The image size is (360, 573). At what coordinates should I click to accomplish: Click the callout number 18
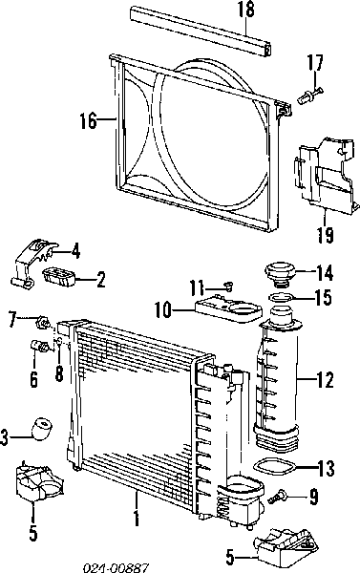coord(246,10)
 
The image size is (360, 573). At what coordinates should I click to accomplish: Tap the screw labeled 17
coord(310,95)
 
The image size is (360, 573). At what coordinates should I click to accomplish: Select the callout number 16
coord(89,120)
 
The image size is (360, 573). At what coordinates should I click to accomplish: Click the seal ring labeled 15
coord(281,297)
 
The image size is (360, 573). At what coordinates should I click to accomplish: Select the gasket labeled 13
coord(274,469)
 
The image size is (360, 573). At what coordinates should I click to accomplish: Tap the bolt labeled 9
coord(277,497)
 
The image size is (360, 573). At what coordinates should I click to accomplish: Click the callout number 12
coord(326,380)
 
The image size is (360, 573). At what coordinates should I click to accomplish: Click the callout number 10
coord(163,310)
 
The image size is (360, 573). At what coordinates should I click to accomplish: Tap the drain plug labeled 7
coord(43,323)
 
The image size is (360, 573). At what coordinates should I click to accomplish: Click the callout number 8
coord(59,374)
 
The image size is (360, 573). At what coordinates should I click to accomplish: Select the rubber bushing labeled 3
coord(42,430)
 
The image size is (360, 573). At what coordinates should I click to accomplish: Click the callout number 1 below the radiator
coord(137,519)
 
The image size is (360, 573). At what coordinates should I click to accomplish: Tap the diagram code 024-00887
coord(116,567)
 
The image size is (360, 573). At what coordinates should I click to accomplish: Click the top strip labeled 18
coord(201,31)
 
